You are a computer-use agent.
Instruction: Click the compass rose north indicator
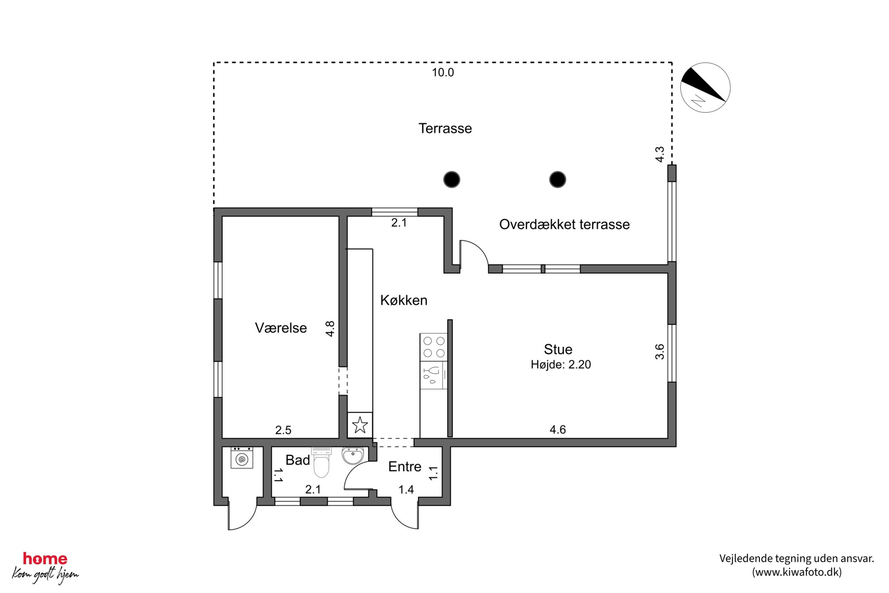tap(705, 87)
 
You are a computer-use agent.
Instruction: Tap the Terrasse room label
tap(445, 129)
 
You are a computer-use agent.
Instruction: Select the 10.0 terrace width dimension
tap(443, 73)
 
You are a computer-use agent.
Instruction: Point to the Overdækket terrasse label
tap(564, 225)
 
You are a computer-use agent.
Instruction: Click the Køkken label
tap(404, 300)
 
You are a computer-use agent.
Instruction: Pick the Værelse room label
tap(281, 328)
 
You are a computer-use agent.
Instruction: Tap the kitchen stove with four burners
tap(434, 347)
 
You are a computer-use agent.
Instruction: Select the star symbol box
tap(360, 425)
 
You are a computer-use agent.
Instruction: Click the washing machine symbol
tap(242, 458)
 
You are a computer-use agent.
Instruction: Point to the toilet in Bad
tap(321, 463)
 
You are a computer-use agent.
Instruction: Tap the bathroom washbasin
tap(353, 456)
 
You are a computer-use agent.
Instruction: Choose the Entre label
tap(405, 467)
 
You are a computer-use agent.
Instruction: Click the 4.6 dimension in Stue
tap(557, 430)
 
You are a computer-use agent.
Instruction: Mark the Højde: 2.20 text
tap(561, 365)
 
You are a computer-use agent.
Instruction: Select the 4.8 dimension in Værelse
tap(330, 329)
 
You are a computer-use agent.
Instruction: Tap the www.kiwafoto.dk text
tap(797, 572)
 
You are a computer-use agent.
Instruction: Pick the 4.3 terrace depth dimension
tap(660, 155)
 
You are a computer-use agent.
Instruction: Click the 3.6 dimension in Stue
tap(660, 352)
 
